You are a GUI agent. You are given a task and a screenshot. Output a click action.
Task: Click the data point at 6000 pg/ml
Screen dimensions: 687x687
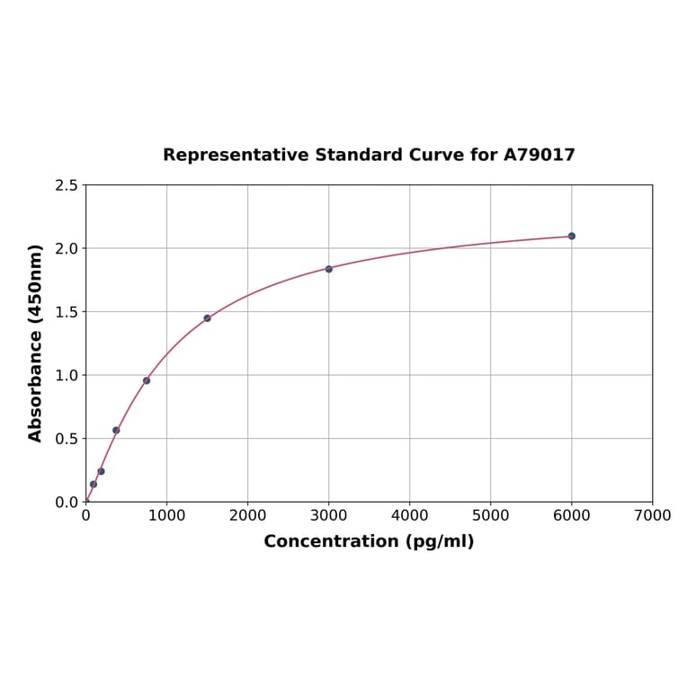point(571,236)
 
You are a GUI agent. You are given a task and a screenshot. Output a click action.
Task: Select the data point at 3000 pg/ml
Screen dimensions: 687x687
point(328,269)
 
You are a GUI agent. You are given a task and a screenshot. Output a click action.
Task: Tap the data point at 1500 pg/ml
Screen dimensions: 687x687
point(207,318)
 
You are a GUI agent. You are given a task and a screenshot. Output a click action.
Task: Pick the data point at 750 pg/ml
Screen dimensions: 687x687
point(147,380)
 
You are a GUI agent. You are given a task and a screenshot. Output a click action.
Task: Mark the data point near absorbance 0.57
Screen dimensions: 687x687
point(116,430)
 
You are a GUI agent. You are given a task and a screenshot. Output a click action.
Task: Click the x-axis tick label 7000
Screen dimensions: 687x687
point(652,515)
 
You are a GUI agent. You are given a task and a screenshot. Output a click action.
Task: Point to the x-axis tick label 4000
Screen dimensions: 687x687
point(409,515)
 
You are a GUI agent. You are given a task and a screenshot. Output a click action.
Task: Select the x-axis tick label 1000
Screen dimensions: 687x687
point(166,515)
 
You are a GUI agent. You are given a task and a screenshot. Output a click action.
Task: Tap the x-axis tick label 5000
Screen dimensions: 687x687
point(490,515)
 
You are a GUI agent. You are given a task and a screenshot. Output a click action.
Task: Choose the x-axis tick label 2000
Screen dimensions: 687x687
point(247,515)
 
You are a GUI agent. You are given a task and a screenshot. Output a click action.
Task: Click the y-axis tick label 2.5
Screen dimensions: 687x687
point(66,185)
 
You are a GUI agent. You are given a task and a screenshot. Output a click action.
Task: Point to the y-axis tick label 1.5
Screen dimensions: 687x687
point(66,312)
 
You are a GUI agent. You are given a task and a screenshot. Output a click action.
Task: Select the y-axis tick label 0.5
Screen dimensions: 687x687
point(66,439)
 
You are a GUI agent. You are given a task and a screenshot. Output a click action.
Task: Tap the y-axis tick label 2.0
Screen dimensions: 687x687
point(66,248)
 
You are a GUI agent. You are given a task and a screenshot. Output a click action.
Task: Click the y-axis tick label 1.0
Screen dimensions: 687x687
point(66,375)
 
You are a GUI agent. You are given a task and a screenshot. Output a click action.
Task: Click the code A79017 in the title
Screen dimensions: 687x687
point(539,155)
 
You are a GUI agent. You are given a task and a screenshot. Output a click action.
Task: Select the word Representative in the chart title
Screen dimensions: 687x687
point(236,155)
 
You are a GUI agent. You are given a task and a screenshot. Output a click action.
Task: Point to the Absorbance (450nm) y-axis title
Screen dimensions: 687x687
point(36,343)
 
